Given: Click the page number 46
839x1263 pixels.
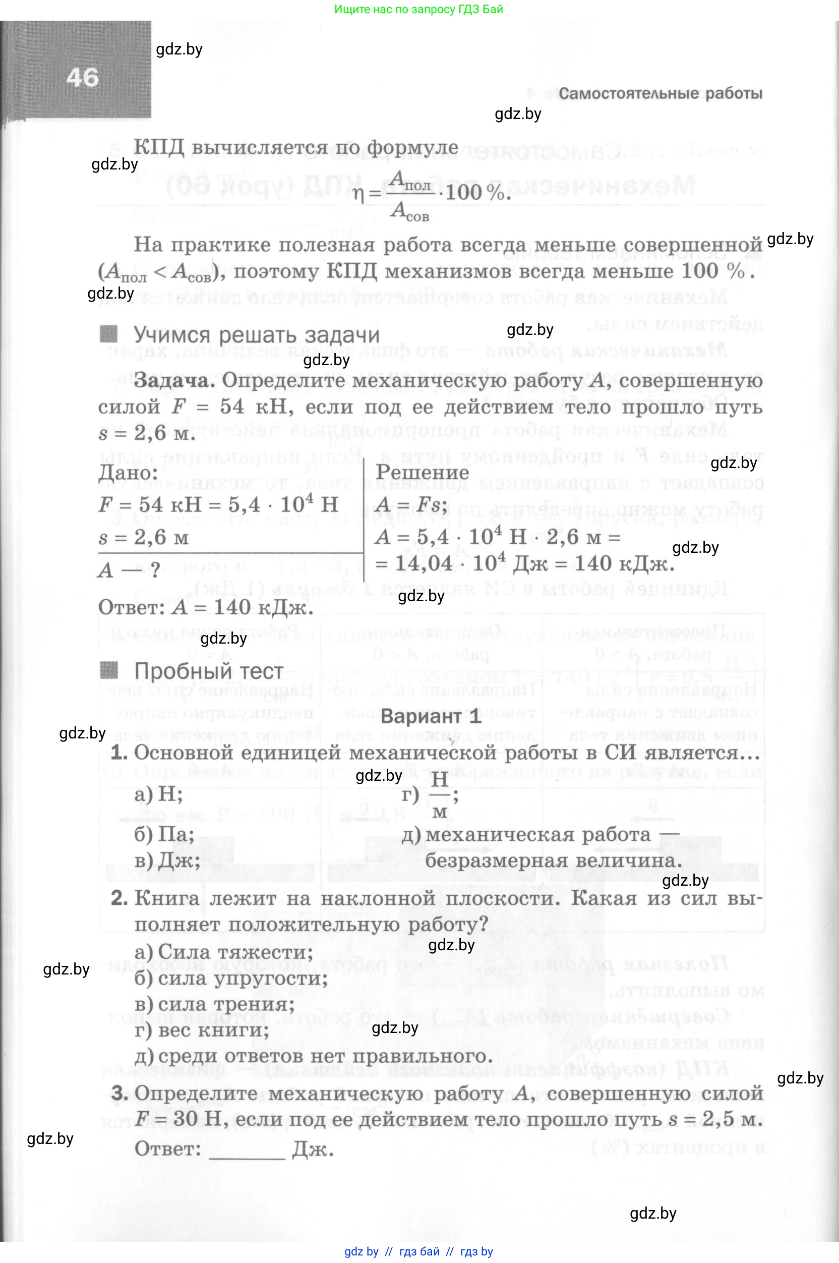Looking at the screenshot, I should point(82,78).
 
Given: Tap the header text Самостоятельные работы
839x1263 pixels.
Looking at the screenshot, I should point(661,94).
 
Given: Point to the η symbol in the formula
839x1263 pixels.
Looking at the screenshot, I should point(358,194).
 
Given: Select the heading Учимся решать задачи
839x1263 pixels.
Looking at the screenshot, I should point(256,335).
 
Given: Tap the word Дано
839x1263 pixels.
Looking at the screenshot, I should point(128,473).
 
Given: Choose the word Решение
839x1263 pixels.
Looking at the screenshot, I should point(422,472).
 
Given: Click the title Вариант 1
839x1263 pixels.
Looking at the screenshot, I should point(431,716).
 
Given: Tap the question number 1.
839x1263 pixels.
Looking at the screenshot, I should point(119,753).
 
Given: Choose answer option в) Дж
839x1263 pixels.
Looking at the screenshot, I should point(167,860).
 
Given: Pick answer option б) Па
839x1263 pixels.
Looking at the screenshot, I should point(164,834).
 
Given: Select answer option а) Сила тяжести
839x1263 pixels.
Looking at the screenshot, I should point(224,952).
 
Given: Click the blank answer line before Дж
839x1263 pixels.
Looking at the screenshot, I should point(247,1150).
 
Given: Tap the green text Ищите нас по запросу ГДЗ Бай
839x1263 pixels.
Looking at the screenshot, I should point(418,9).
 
